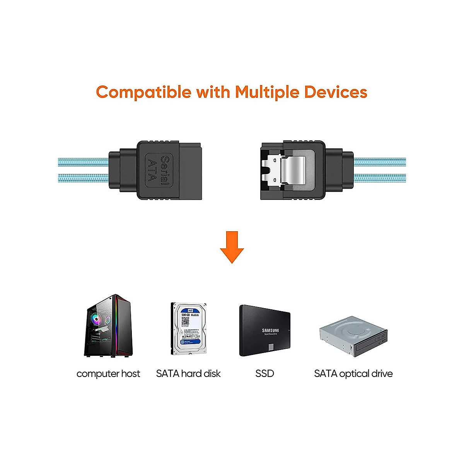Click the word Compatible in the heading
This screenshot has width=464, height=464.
point(144,92)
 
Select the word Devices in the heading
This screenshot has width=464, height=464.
point(336,92)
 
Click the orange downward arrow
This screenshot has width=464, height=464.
point(232,247)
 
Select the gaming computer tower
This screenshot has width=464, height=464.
point(109,326)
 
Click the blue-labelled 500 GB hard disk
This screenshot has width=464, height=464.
point(189,329)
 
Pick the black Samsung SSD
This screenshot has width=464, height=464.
point(264,331)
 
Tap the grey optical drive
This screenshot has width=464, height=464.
point(353,336)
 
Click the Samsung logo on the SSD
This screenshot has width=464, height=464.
point(270,331)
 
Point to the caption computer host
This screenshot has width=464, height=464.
point(108,374)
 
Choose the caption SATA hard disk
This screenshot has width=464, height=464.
point(188,374)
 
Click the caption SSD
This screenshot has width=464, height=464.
point(264,374)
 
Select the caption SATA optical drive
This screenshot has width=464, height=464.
point(353,374)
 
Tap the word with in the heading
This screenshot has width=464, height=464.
point(213,92)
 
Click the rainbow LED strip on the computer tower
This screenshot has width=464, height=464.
point(116,325)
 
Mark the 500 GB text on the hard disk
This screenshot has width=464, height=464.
point(186,315)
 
